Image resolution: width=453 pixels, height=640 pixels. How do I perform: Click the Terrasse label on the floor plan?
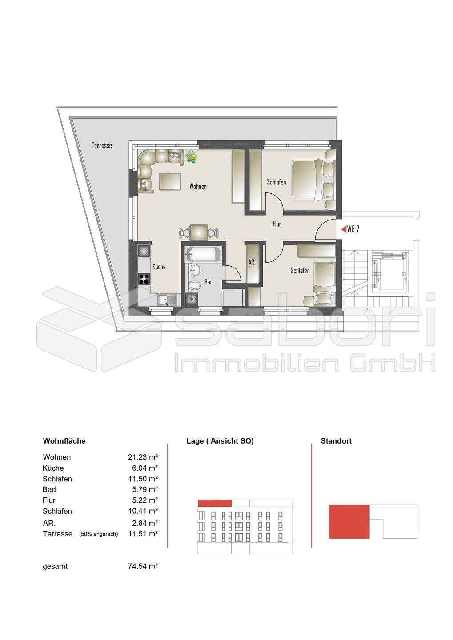102,145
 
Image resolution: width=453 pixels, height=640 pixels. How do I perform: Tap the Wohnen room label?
198,186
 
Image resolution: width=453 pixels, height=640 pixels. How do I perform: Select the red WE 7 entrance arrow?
344,229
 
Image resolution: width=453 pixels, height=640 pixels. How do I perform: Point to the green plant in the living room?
192,156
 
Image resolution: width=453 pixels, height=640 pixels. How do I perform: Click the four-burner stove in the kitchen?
144,279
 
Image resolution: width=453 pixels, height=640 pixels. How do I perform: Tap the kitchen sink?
167,300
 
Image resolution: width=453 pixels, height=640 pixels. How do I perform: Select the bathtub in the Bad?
202,254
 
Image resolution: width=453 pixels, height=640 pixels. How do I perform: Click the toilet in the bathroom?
195,285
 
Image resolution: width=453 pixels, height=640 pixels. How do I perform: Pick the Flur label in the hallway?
277,224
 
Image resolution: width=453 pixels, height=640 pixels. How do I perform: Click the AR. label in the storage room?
252,262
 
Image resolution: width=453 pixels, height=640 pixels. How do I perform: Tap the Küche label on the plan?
159,267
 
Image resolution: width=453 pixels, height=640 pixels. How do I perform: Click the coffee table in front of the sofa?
170,181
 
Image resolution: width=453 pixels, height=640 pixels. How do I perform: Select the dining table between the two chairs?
199,232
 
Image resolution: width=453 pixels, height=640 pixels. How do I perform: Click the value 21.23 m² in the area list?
143,457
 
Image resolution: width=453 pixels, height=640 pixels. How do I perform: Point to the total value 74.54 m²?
143,566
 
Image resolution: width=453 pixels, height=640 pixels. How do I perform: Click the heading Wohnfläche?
64,441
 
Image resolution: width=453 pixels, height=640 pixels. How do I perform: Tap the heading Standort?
336,441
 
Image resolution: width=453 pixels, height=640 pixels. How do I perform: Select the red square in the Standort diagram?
349,522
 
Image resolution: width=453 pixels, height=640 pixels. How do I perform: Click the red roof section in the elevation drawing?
215,503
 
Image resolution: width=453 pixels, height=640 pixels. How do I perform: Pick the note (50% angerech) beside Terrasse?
99,534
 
